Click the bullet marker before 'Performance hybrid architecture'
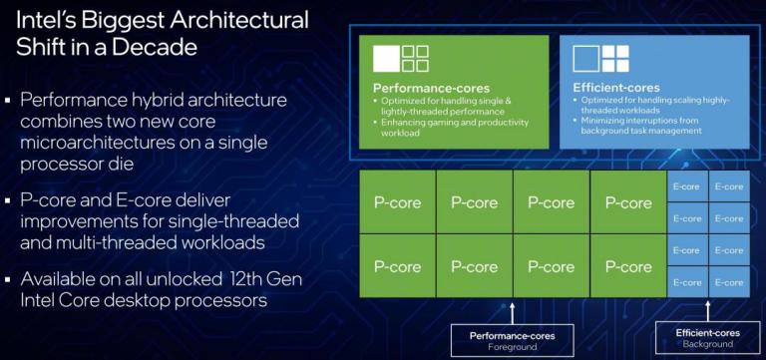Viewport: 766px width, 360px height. pos(9,101)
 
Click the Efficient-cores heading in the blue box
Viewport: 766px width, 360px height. pos(604,88)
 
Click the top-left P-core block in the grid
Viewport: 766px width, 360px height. pos(397,202)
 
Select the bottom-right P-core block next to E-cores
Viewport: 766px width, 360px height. pos(627,266)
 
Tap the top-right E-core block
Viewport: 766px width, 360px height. pos(729,186)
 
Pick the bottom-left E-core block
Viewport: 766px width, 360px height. pos(687,282)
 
